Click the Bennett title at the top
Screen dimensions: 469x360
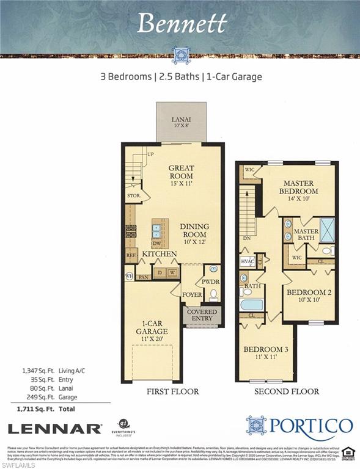pyautogui.click(x=182, y=23)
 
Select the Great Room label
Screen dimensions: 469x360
pyautogui.click(x=181, y=172)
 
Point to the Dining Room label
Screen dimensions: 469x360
pyautogui.click(x=194, y=231)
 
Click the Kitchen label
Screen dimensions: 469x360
pyautogui.click(x=160, y=253)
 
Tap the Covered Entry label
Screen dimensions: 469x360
pyautogui.click(x=202, y=315)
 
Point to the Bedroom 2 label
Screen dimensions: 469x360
pyautogui.click(x=309, y=296)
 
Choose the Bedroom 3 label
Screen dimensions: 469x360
pyautogui.click(x=266, y=352)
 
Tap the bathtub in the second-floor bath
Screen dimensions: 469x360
pyautogui.click(x=251, y=304)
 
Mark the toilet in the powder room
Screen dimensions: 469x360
pyautogui.click(x=213, y=294)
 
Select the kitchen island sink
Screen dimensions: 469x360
pyautogui.click(x=156, y=230)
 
